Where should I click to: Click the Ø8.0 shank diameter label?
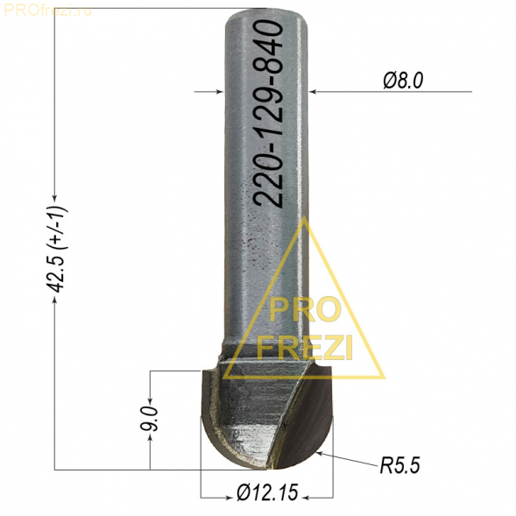[x=403, y=81]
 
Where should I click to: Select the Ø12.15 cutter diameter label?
[x=267, y=492]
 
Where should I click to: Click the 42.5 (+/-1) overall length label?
[x=57, y=250]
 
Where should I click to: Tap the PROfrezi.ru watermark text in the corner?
[x=47, y=11]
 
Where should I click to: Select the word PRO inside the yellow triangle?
[x=304, y=310]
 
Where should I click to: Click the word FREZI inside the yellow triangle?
[x=305, y=347]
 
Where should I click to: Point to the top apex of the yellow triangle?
[x=305, y=216]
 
